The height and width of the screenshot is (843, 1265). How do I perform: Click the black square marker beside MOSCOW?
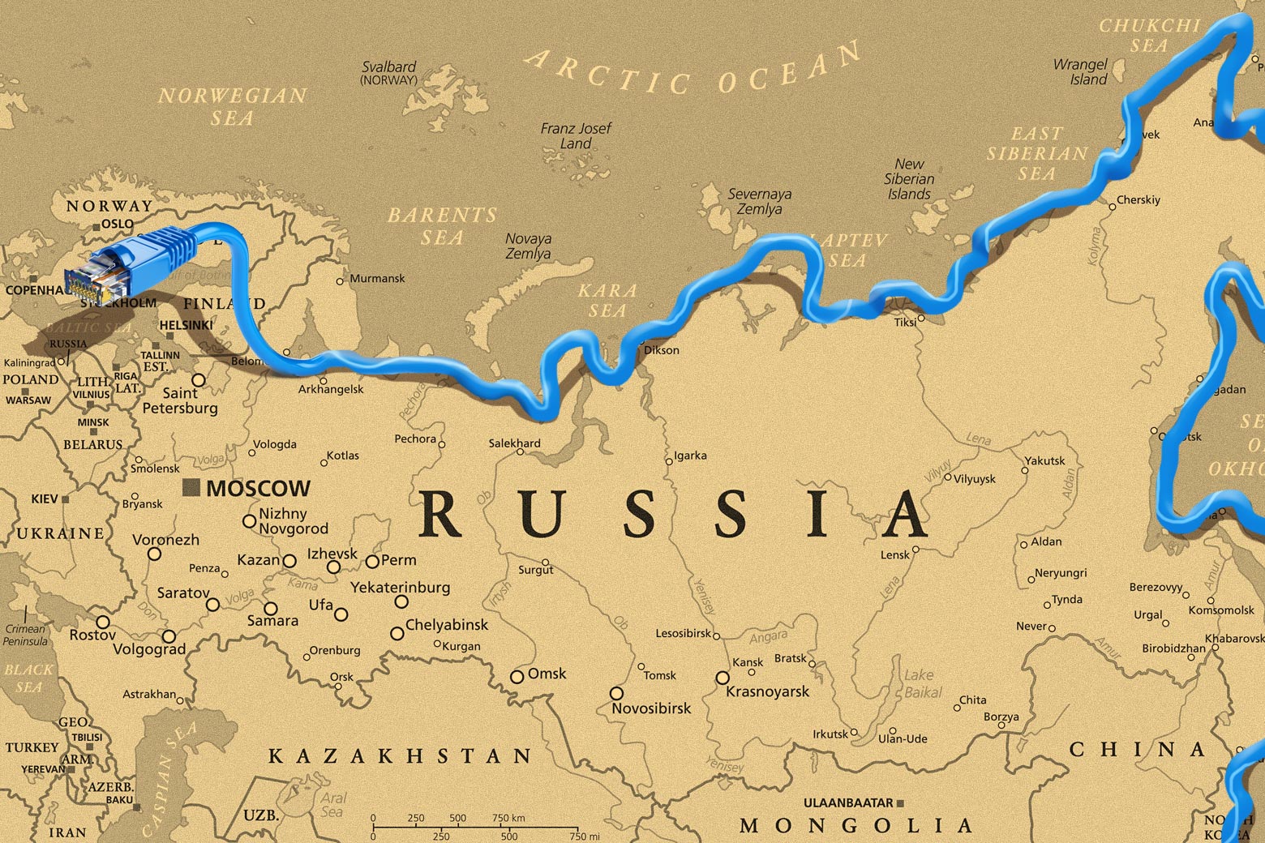(x=191, y=487)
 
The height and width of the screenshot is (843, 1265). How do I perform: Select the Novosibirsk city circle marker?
(x=616, y=693)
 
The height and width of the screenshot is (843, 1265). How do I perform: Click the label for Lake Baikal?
(x=923, y=683)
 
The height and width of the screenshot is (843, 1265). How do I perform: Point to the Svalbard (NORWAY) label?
(x=389, y=73)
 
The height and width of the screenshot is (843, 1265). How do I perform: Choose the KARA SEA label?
(x=607, y=300)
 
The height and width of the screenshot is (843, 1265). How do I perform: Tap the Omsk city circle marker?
(x=517, y=676)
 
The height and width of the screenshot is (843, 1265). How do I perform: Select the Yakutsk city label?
(x=1045, y=460)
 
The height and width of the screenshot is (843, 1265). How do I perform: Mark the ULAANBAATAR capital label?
(x=847, y=802)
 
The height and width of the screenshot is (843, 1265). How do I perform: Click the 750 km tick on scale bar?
(x=508, y=825)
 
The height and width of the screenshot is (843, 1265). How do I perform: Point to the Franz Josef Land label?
(x=576, y=135)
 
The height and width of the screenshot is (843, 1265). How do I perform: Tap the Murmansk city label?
(x=377, y=278)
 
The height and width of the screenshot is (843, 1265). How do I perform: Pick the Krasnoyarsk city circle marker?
(x=722, y=677)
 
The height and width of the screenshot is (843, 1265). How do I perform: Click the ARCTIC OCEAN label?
(x=693, y=69)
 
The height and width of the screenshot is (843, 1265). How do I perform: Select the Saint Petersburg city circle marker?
(x=198, y=379)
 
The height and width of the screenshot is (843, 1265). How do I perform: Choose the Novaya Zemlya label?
(x=528, y=246)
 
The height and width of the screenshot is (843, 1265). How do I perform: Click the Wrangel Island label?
(x=1081, y=71)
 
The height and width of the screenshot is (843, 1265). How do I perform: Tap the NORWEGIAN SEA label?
(x=233, y=106)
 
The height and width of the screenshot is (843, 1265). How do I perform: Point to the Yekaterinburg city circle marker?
(x=401, y=601)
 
